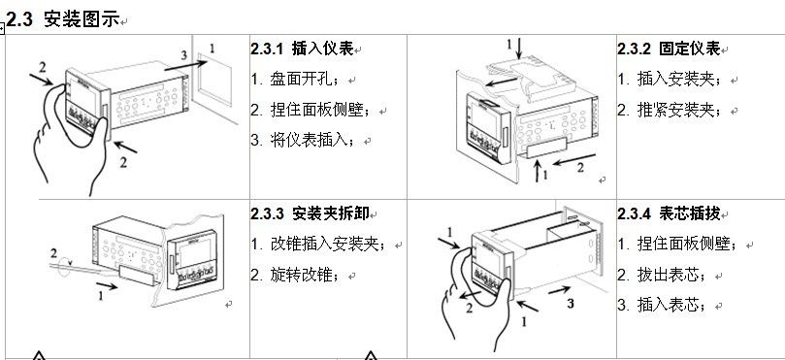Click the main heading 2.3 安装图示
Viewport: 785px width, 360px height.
pos(63,19)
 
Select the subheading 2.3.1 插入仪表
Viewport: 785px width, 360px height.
pos(302,49)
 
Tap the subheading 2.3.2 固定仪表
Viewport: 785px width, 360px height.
pos(669,49)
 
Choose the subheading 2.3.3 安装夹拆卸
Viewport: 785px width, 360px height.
pos(310,213)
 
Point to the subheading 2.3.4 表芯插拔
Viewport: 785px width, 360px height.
pos(669,213)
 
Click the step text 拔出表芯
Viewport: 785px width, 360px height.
pos(669,276)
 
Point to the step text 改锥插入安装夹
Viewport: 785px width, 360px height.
pos(325,245)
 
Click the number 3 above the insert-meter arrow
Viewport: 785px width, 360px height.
pos(184,54)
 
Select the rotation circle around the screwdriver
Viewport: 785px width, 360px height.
pos(65,267)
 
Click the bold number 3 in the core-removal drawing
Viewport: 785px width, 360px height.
pos(571,303)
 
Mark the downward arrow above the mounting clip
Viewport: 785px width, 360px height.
pos(519,49)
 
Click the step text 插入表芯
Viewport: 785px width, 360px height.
pos(669,306)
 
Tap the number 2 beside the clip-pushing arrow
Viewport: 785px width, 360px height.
pos(580,168)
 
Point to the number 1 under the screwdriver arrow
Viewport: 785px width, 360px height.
pos(101,296)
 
